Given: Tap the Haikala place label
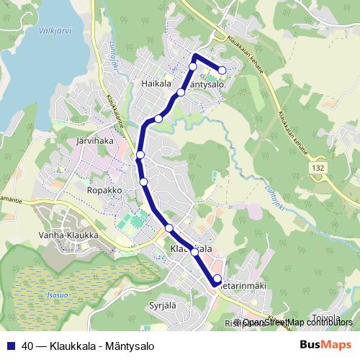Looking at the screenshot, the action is [156, 84].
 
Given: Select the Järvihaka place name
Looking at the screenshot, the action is [95, 141].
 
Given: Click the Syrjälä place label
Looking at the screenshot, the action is [163, 305].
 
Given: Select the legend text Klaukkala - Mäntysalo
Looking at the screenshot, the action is [102, 345].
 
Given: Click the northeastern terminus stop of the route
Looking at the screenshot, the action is [222, 71].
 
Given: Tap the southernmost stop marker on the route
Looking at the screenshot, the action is [217, 278].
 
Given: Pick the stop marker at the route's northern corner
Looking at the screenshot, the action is [193, 67].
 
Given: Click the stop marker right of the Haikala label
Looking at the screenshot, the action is [181, 92].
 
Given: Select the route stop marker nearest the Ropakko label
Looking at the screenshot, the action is [144, 181].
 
